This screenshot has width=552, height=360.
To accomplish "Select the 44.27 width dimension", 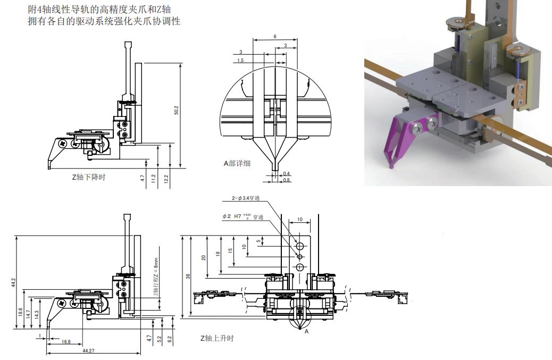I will point(88,351).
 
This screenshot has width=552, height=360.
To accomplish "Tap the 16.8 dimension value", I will point(66,342).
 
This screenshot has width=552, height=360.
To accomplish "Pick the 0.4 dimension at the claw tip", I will point(287,174).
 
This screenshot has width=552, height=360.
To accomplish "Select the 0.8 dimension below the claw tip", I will point(287,180).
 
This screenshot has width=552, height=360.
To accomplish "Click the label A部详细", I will point(237,163).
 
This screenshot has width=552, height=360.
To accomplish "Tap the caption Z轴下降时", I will point(88,177).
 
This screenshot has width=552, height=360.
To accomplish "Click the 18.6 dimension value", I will point(20,313).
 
